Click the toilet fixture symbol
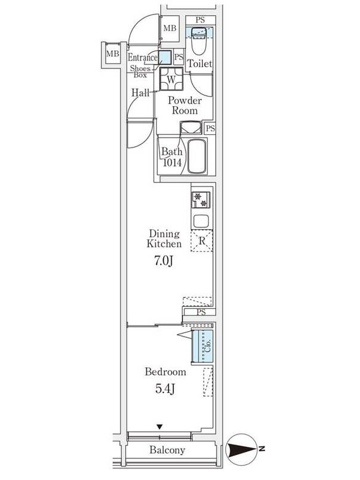(199, 41)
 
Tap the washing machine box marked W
(171, 79)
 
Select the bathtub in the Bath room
(196, 157)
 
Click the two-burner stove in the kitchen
(201, 200)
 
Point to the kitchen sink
(201, 221)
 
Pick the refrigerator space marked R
(202, 241)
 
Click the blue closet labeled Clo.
(202, 346)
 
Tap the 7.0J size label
(163, 261)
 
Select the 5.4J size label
(165, 388)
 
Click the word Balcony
(167, 449)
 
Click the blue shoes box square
(165, 58)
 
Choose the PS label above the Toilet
(200, 20)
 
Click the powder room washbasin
(191, 128)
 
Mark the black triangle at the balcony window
(159, 427)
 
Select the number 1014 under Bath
(172, 162)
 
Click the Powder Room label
(185, 106)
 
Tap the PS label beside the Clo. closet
(201, 312)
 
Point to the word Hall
(140, 92)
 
